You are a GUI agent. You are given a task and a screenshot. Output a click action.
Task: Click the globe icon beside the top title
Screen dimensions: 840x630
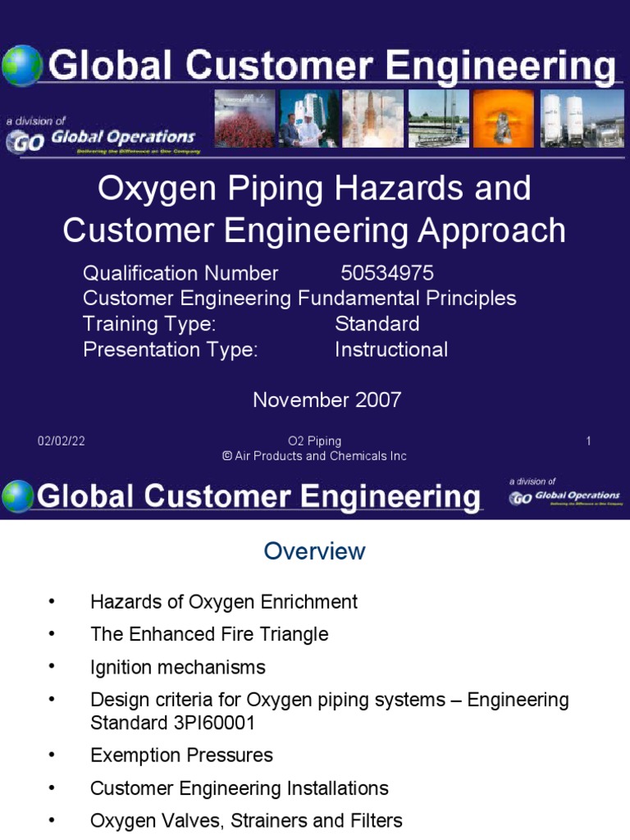coord(21,66)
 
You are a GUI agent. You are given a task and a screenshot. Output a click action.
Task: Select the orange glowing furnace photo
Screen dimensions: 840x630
coord(501,119)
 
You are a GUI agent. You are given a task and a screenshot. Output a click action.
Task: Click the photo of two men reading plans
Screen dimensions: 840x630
coord(309,119)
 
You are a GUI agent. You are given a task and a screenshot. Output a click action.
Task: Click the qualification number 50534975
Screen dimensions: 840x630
coord(386,273)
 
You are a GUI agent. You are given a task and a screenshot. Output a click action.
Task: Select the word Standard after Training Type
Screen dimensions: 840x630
coord(377,323)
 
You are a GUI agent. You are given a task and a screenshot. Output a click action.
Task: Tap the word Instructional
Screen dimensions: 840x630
coord(391,349)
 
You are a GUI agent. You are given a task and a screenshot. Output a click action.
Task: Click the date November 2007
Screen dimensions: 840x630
coord(326,399)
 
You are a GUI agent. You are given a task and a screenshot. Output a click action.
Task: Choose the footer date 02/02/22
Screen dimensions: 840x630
coord(61,441)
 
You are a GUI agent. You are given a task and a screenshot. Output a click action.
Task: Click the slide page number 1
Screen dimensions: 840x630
coord(588,441)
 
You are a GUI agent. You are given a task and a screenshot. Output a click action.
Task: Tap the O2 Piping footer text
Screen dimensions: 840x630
coord(314,441)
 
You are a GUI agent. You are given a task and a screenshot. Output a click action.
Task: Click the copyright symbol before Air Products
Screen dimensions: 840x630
coord(227,456)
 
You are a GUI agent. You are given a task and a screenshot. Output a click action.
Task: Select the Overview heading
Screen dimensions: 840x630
coord(314,551)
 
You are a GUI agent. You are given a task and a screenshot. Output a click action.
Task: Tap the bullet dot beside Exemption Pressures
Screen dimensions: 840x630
coord(52,756)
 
